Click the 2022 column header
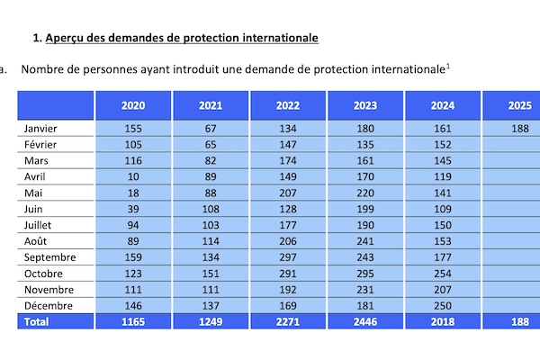point(288,105)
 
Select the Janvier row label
point(40,129)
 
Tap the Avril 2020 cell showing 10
point(133,176)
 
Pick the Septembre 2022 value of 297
point(288,257)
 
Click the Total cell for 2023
point(365,322)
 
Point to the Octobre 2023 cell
point(365,274)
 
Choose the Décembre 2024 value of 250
point(443,306)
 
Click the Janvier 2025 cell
point(520,129)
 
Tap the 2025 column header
point(520,105)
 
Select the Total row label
point(36,322)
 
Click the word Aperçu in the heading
point(65,38)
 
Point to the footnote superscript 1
point(448,66)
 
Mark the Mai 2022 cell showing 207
point(288,193)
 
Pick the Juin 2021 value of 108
point(211,209)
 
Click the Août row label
point(35,241)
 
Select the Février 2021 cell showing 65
point(211,145)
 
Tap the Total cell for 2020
point(133,322)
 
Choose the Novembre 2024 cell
point(443,290)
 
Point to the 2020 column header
point(133,105)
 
